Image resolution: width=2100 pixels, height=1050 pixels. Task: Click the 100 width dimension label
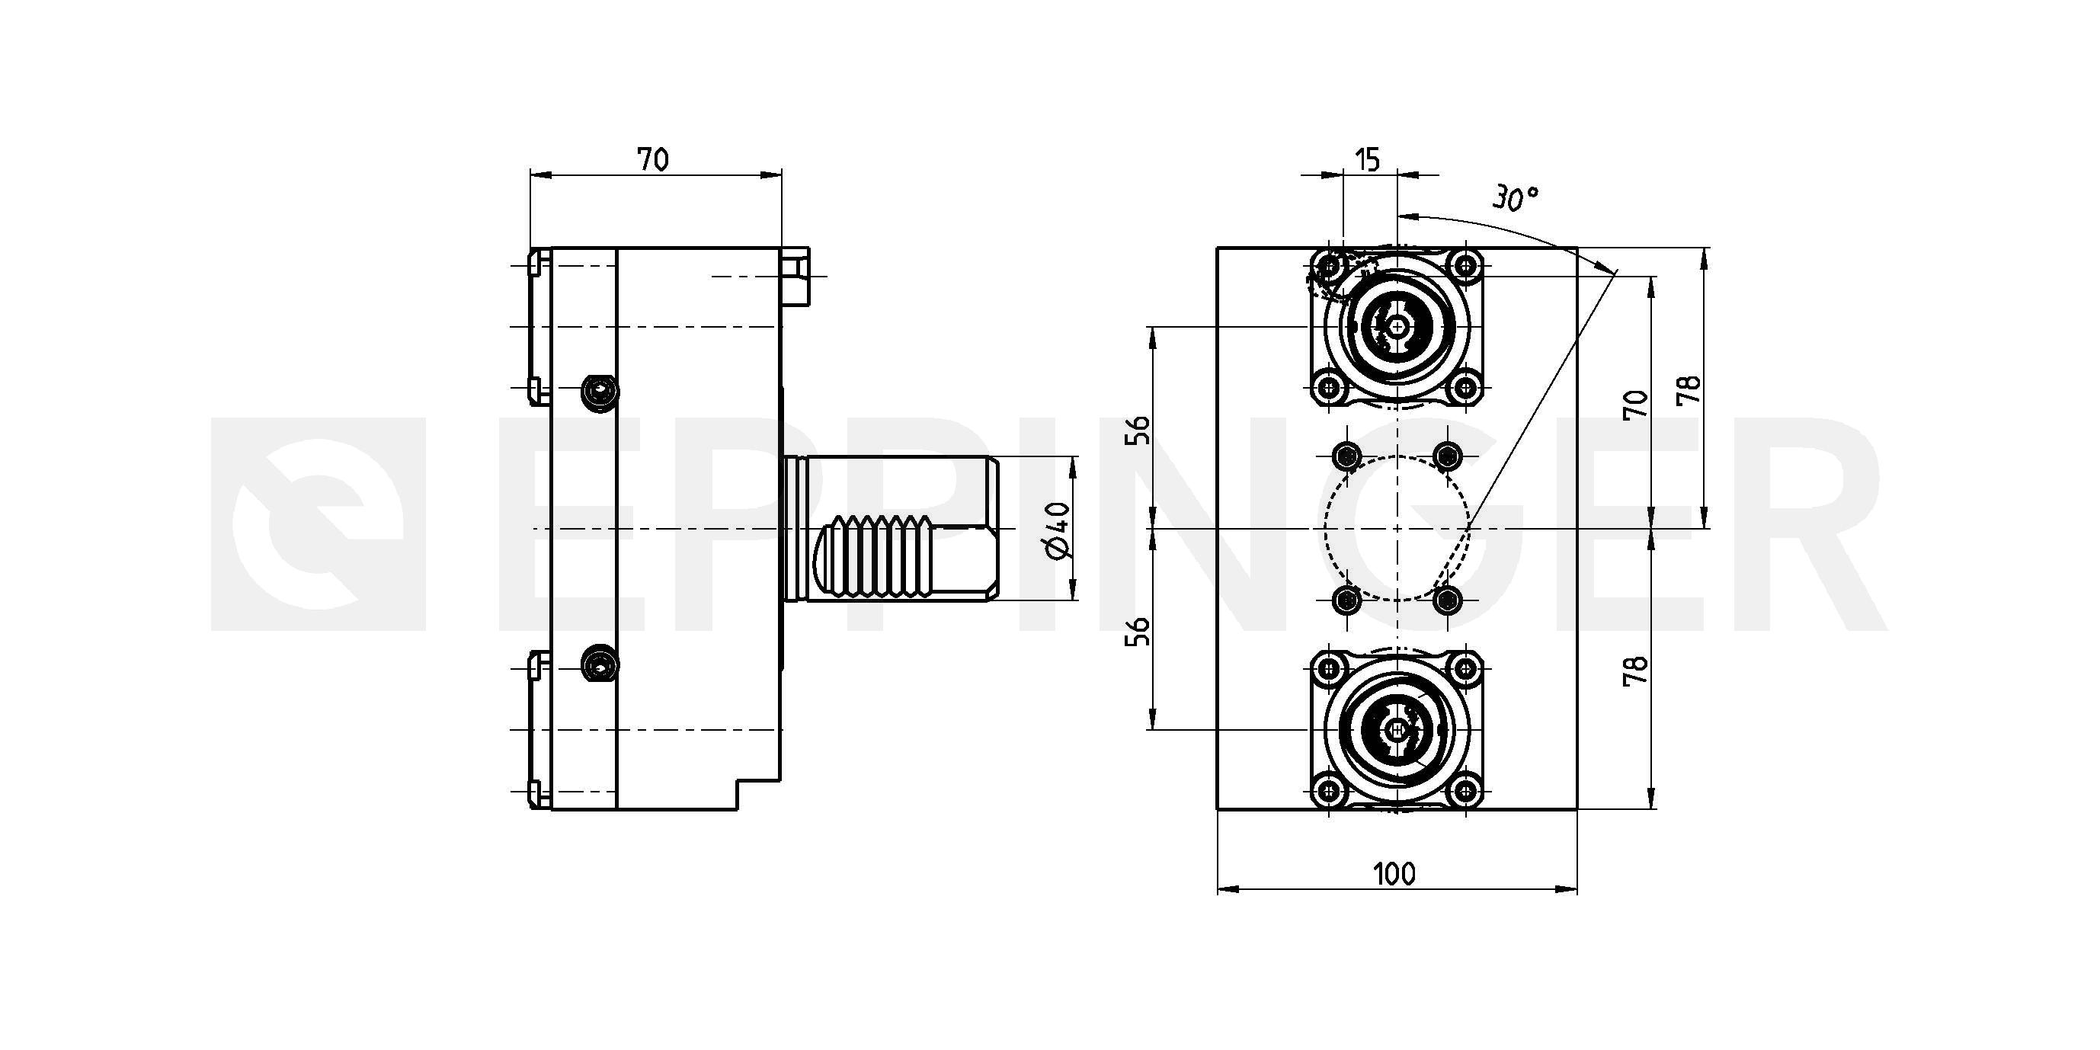point(1395,875)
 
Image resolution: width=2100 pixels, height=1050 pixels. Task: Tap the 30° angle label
point(1516,199)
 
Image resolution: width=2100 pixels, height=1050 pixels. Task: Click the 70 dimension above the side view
point(653,160)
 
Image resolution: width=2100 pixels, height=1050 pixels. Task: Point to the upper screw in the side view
point(600,393)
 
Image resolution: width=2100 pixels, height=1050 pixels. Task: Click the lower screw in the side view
point(600,666)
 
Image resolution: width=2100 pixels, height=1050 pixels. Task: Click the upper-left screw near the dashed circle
point(1346,455)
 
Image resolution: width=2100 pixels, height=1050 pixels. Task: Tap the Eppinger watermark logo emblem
point(318,524)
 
